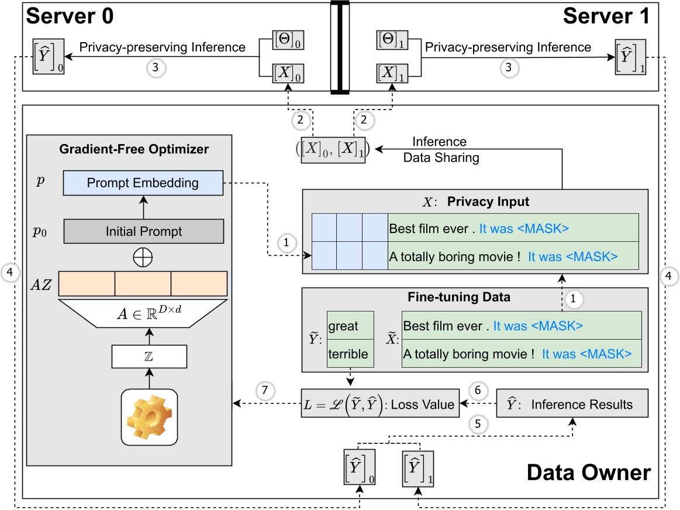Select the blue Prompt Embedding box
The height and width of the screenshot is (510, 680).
[x=143, y=183]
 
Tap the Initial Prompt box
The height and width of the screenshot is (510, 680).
[x=143, y=231]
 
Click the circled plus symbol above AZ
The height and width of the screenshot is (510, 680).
[x=143, y=256]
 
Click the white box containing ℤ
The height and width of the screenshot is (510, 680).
[x=149, y=356]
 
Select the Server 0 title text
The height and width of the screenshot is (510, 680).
[x=70, y=16]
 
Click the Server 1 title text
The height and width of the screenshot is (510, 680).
[x=606, y=16]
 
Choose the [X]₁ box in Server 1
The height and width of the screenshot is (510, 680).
[x=391, y=73]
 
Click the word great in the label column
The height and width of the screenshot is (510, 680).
[x=343, y=326]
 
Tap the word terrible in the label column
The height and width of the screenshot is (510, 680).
[x=348, y=354]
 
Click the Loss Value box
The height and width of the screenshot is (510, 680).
[x=379, y=404]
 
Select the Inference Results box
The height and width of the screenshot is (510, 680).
[x=572, y=404]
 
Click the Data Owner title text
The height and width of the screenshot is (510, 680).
[x=589, y=472]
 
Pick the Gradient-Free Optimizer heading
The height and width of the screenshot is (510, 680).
[x=134, y=149]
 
